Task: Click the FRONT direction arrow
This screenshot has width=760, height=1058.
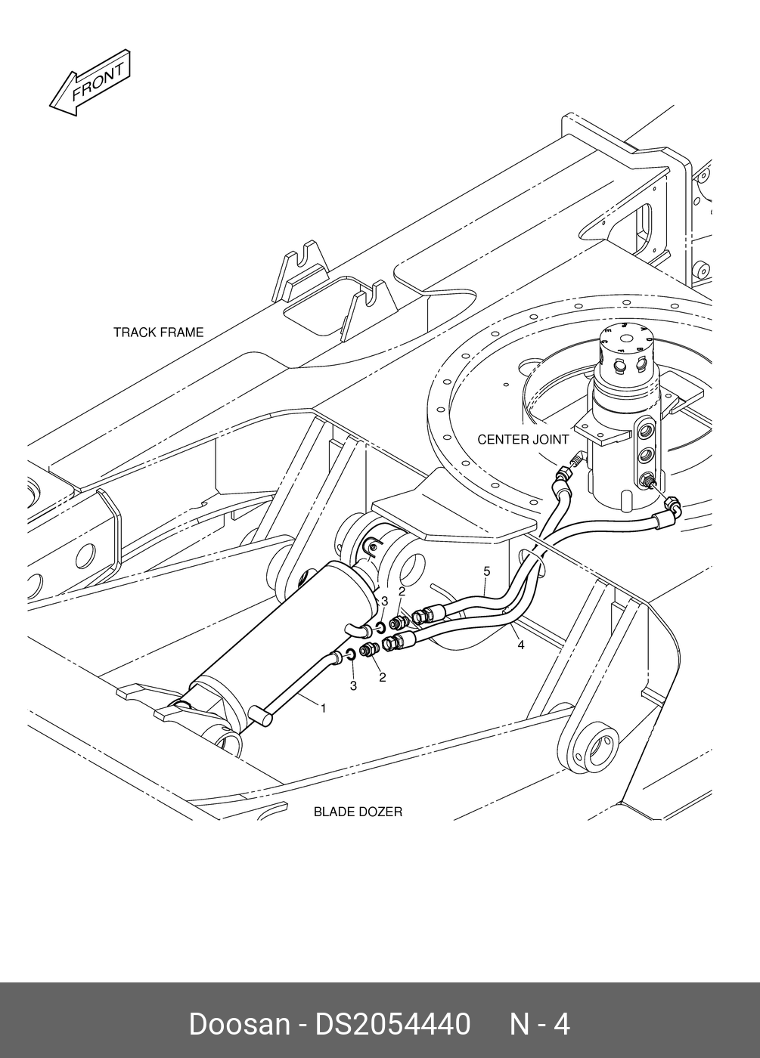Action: (x=90, y=82)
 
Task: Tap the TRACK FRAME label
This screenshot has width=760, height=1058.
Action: (x=158, y=333)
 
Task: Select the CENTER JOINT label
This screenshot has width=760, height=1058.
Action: (x=523, y=440)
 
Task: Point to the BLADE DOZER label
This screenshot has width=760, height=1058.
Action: (x=358, y=812)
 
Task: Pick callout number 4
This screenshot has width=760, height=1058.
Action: (x=521, y=645)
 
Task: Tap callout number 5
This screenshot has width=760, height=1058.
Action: (x=487, y=571)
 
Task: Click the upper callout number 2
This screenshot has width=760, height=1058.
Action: (x=402, y=591)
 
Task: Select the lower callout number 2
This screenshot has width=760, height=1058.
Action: (x=383, y=677)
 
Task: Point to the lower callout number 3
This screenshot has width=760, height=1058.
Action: (x=354, y=686)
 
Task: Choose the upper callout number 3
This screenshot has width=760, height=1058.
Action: (x=384, y=602)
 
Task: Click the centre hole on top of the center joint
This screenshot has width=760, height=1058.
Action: (x=627, y=339)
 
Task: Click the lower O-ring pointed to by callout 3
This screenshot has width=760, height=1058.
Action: (x=351, y=654)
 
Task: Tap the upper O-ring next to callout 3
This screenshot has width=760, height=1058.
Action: (x=380, y=628)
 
